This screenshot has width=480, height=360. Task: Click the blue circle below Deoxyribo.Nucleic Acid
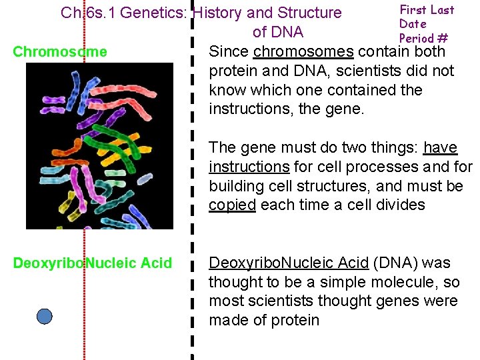tap(44, 316)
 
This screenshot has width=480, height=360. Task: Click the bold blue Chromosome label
tap(60, 52)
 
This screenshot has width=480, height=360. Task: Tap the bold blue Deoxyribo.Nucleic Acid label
tap(93, 263)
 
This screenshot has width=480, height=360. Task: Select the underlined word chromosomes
tap(303, 51)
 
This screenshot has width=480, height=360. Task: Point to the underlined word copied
tap(232, 205)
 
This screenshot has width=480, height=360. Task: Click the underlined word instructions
tap(249, 166)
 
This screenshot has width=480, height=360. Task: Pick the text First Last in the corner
tap(427, 10)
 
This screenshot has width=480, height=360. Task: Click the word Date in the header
tap(413, 24)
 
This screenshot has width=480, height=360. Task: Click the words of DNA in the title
tap(277, 32)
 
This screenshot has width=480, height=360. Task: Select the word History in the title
tap(221, 13)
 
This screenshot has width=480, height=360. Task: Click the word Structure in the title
tap(310, 13)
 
